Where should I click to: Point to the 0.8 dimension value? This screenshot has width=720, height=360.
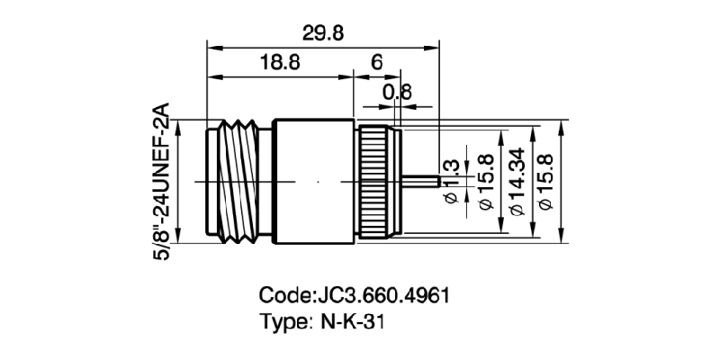pos(397,91)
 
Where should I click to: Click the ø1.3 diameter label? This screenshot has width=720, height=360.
pos(452,180)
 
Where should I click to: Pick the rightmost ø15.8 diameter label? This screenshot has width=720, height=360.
pos(548,181)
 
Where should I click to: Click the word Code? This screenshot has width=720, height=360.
pos(283,295)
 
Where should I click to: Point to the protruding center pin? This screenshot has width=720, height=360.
pos(421,181)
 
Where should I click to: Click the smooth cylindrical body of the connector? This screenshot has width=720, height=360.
pos(315,181)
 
